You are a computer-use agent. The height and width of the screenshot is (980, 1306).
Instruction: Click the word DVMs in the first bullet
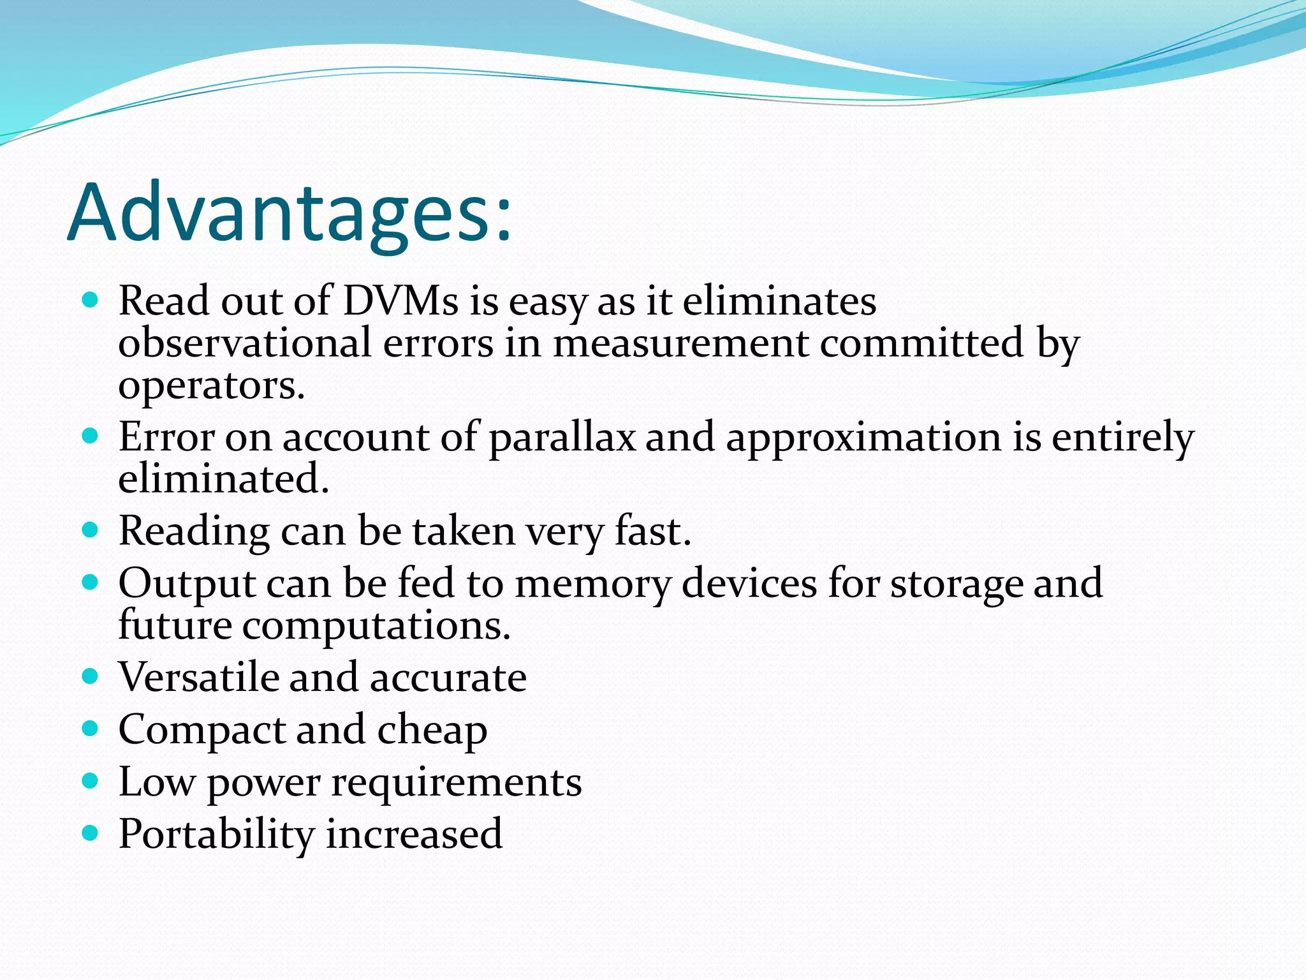pos(400,301)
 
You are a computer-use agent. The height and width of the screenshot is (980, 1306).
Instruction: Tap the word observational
pos(244,343)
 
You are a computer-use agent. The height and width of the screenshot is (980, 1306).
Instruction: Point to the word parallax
pos(562,438)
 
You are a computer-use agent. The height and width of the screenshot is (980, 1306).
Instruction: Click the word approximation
pos(863,438)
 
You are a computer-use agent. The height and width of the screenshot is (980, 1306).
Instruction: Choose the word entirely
pos(1122,438)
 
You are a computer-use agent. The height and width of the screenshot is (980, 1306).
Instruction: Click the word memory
pos(592,584)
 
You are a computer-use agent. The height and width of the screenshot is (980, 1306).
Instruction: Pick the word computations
pos(376,626)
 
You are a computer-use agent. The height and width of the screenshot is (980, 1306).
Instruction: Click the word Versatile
pos(198,677)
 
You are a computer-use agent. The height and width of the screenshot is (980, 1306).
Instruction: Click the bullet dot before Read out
pos(91,300)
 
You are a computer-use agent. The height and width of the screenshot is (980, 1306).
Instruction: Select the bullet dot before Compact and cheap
pos(91,728)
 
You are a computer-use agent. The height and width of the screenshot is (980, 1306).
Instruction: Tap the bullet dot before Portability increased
pos(91,833)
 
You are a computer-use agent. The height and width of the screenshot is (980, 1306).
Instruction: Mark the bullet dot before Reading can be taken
pos(91,530)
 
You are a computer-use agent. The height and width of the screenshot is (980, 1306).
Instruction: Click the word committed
pos(921,343)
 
